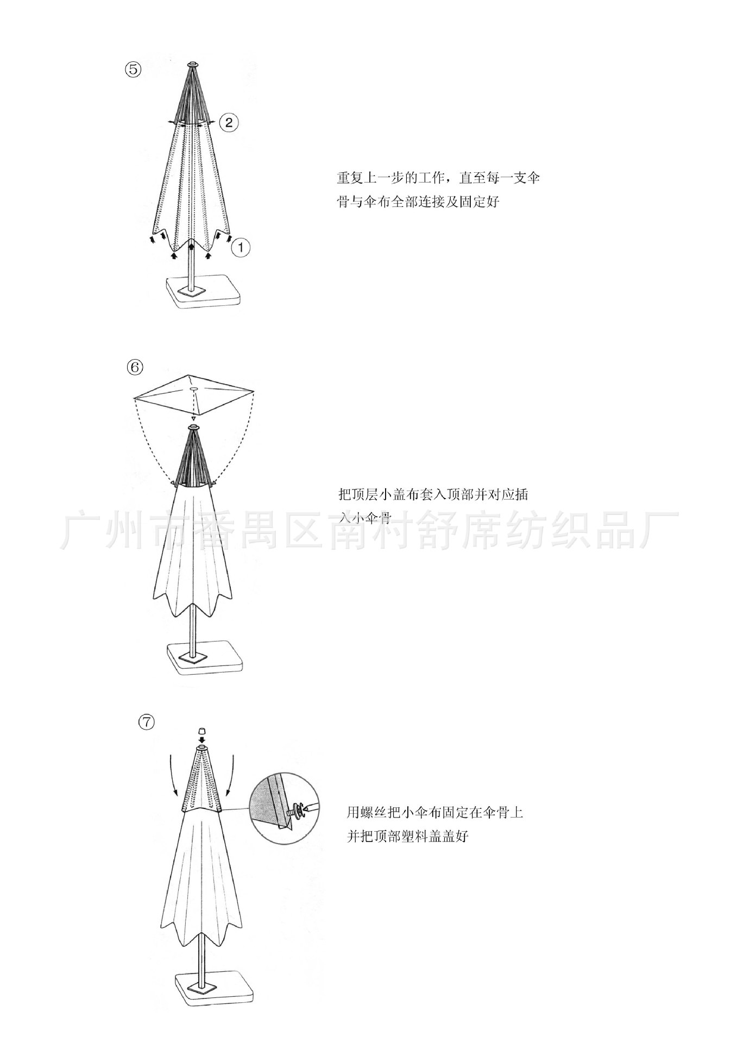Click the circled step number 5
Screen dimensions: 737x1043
click(134, 70)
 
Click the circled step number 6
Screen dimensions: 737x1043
click(135, 368)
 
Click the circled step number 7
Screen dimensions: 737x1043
click(147, 722)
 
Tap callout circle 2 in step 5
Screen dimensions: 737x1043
click(229, 122)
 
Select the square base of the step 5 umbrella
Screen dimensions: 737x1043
click(204, 292)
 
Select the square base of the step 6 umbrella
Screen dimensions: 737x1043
click(204, 658)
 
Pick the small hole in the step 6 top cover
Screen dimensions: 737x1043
click(194, 388)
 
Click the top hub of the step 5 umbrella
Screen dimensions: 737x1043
click(192, 65)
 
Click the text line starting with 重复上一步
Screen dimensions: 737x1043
click(438, 178)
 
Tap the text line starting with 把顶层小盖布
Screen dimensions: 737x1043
click(433, 495)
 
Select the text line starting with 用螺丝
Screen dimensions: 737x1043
click(435, 813)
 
